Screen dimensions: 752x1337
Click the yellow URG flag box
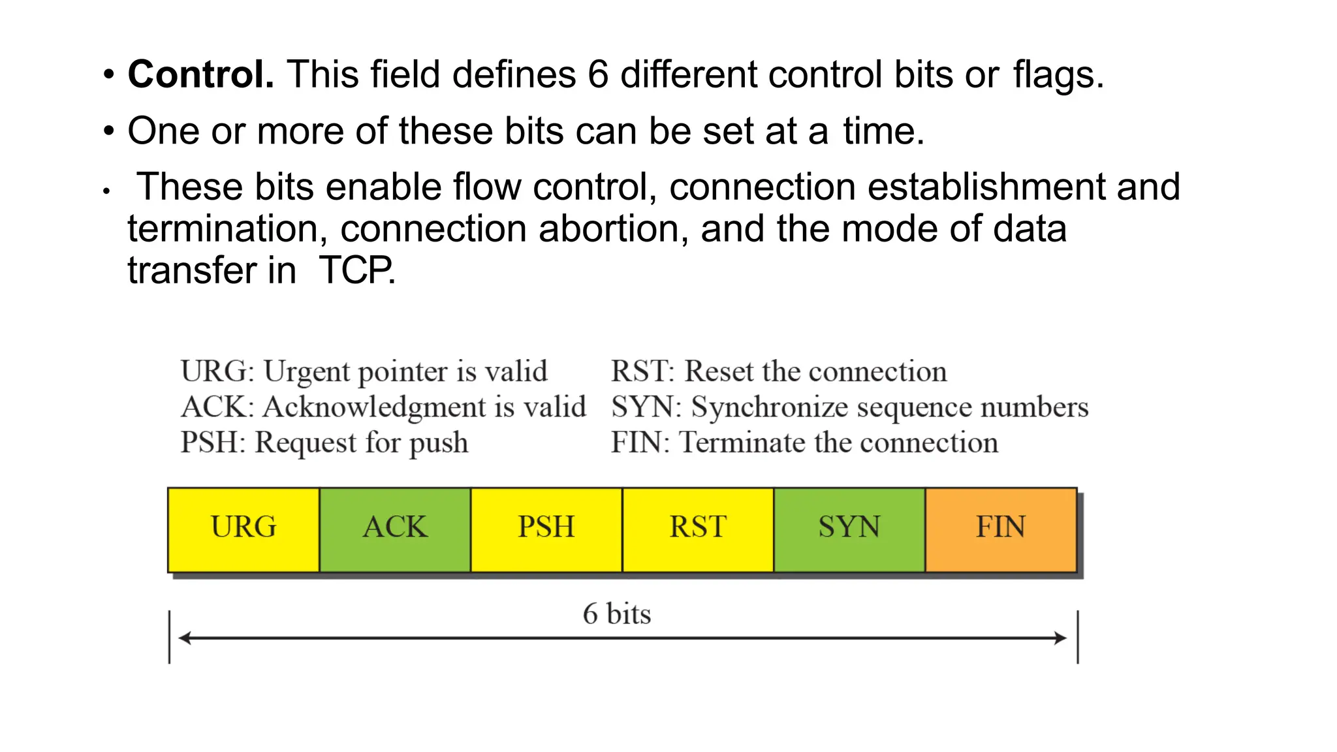(x=244, y=529)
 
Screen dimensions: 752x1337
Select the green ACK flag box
(x=395, y=529)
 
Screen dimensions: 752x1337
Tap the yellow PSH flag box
(x=546, y=529)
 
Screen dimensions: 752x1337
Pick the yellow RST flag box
(x=698, y=529)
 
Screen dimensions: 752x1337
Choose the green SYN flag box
(x=849, y=529)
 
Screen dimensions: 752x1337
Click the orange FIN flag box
(x=1001, y=529)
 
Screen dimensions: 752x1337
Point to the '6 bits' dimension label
(x=617, y=614)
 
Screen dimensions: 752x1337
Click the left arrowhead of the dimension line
(x=184, y=638)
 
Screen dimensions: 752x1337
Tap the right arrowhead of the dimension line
(x=1061, y=638)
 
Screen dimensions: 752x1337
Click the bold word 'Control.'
(x=201, y=74)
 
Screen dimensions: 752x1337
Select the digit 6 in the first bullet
(x=598, y=74)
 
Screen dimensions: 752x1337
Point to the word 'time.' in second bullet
(x=883, y=131)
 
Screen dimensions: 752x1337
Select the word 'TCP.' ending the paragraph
(x=357, y=271)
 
